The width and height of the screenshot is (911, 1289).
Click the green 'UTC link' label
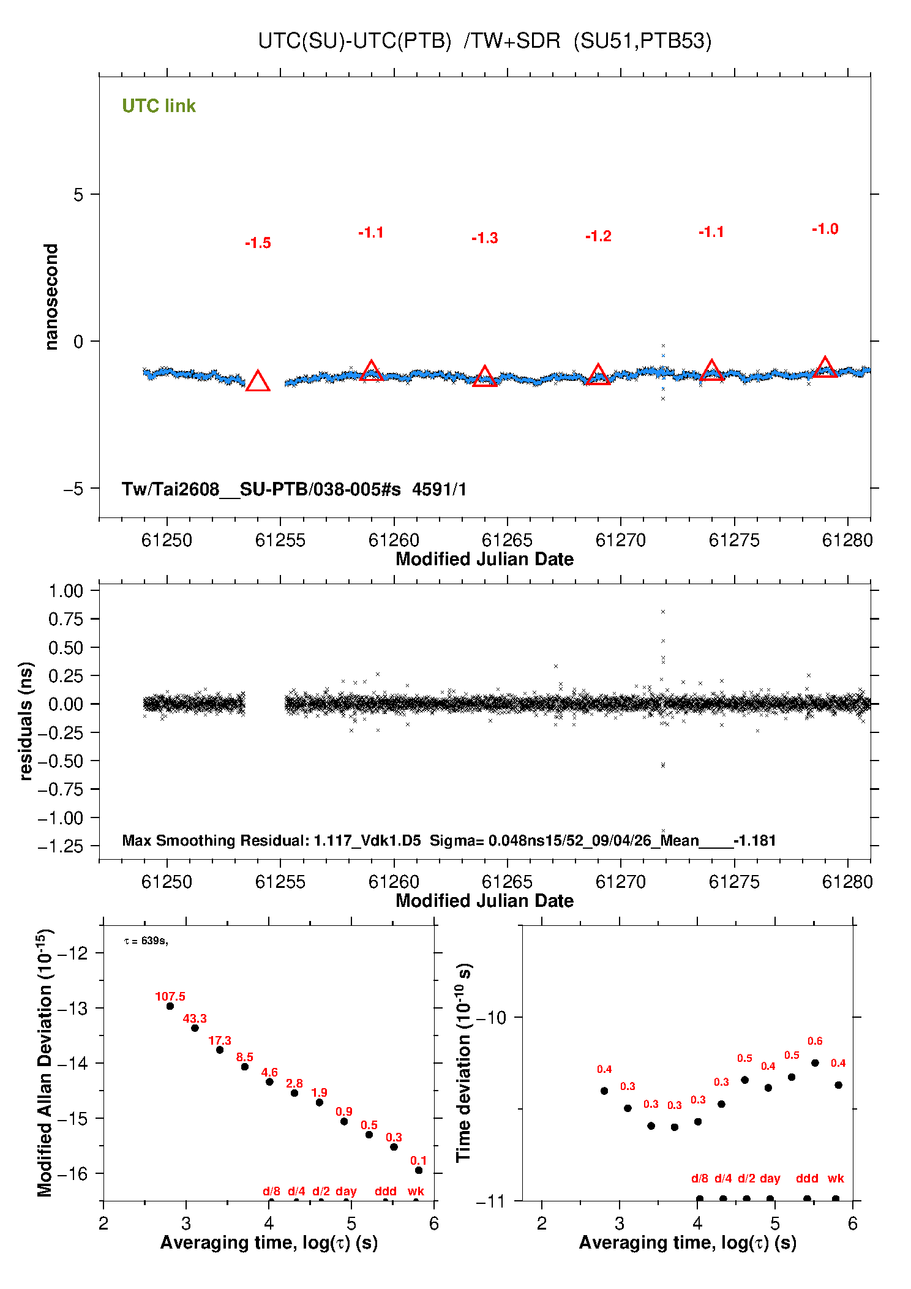point(159,106)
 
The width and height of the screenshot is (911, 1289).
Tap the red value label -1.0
point(825,229)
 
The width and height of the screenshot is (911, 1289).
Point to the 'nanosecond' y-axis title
point(51,297)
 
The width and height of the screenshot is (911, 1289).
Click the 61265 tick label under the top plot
point(507,540)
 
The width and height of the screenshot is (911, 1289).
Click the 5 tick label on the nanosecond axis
point(78,195)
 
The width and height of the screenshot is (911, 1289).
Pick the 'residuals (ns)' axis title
point(26,721)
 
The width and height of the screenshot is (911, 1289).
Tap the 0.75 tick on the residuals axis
point(66,619)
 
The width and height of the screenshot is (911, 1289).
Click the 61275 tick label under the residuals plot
point(734,882)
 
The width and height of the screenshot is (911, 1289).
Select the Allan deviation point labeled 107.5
point(170,1006)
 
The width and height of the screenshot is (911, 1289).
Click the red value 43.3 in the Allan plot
point(195,1018)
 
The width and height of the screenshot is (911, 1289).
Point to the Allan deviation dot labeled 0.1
point(419,1170)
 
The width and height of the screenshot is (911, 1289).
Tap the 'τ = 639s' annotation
point(146,941)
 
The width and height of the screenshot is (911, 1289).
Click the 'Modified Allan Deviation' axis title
point(45,1062)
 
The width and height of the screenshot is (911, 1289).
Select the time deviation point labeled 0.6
point(815,1063)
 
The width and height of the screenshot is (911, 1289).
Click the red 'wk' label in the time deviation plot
point(836,1178)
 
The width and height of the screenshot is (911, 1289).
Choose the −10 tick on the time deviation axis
point(491,1018)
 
